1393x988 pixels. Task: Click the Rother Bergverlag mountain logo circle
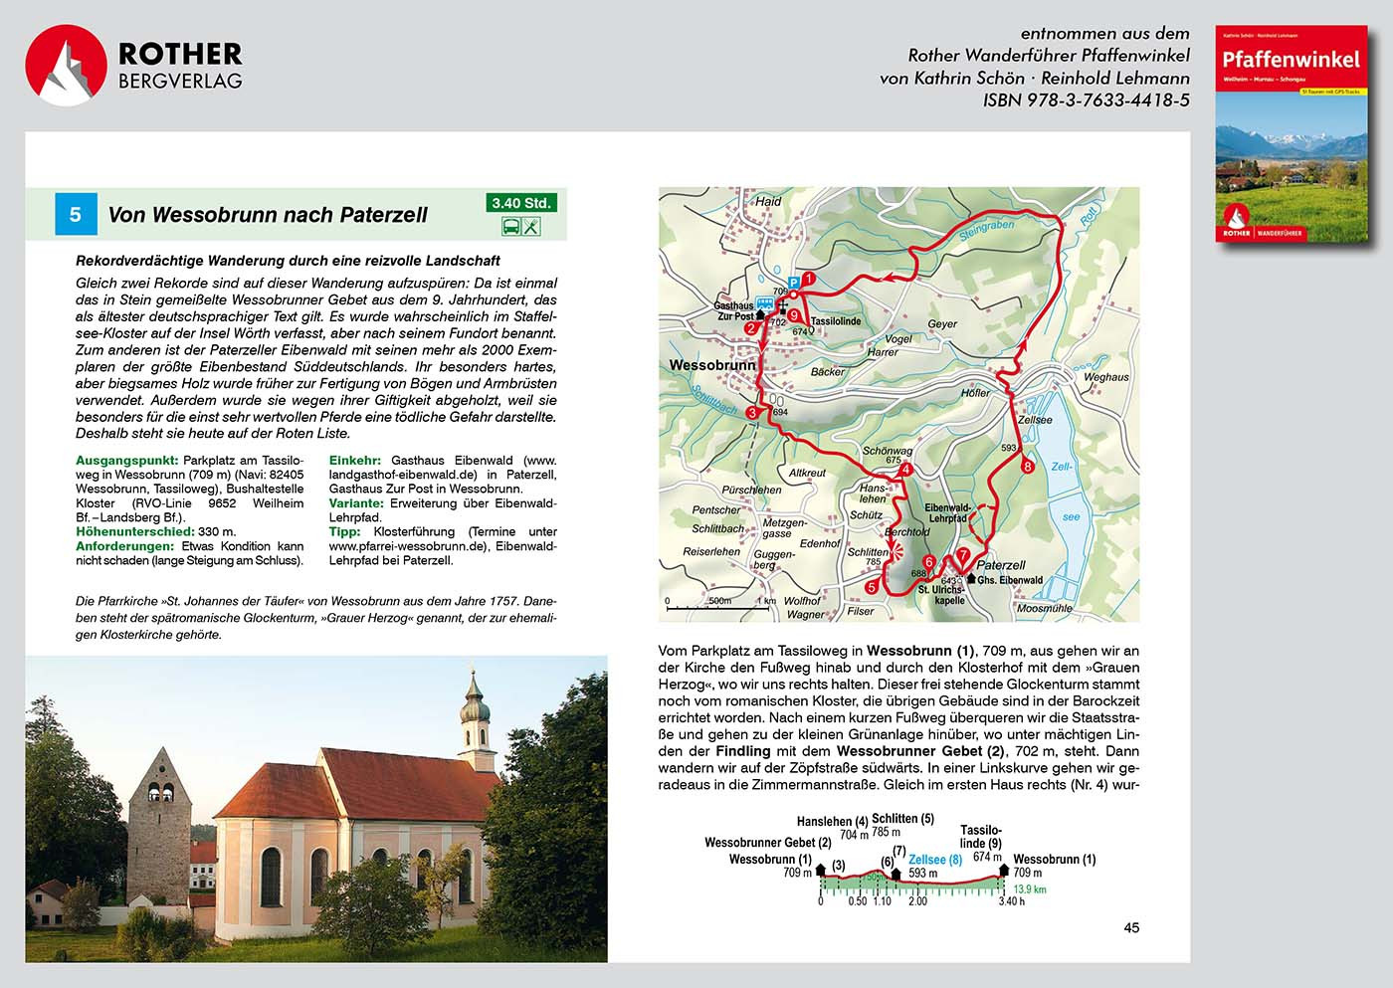[66, 66]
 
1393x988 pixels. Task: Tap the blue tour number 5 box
[75, 214]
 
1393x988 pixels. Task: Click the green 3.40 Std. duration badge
[521, 203]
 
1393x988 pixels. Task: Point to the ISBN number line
[1086, 100]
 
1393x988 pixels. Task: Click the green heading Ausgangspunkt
[126, 461]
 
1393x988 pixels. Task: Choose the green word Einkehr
[354, 461]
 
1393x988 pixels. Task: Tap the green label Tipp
[344, 531]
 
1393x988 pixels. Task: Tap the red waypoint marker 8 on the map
[1027, 466]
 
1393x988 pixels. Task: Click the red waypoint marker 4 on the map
[905, 470]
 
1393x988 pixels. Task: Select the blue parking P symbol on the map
[793, 282]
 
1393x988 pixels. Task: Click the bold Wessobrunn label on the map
[712, 365]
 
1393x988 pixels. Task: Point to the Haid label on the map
[768, 201]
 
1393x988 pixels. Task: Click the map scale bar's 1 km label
[766, 601]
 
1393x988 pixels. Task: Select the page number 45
[1131, 927]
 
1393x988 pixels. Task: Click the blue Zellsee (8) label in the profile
[935, 860]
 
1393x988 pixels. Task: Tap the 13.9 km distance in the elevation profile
[1030, 889]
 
